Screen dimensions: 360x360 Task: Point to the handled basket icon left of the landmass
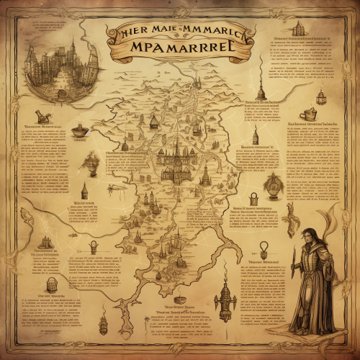[94, 247]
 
